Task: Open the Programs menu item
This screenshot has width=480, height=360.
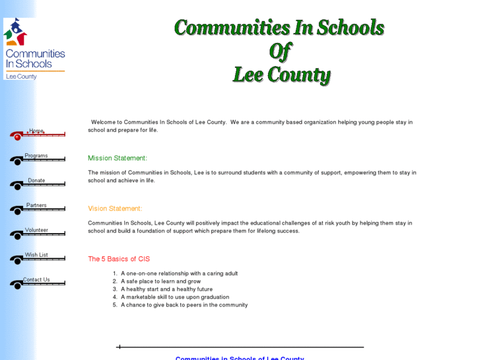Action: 37,157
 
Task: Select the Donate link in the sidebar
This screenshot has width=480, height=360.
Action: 37,181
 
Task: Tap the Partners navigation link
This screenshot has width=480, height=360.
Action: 37,206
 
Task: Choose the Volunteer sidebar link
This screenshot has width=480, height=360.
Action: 37,231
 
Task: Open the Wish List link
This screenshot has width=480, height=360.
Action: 37,256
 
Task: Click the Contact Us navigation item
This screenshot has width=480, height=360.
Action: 37,280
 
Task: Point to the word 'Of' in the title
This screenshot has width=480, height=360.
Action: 279,51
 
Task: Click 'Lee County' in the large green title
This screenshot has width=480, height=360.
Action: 281,74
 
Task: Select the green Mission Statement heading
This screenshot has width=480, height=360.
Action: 118,159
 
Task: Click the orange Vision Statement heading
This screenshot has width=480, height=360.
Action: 115,209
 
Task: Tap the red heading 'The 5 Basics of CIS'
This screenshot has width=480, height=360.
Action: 119,259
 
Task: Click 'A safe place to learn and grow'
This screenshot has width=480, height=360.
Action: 160,281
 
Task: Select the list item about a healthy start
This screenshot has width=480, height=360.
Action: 166,289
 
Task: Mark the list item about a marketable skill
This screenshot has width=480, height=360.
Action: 175,297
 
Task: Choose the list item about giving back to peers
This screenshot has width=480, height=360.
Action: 184,305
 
